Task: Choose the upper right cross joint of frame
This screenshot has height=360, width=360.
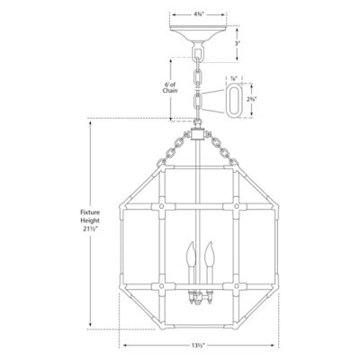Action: (237, 205)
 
